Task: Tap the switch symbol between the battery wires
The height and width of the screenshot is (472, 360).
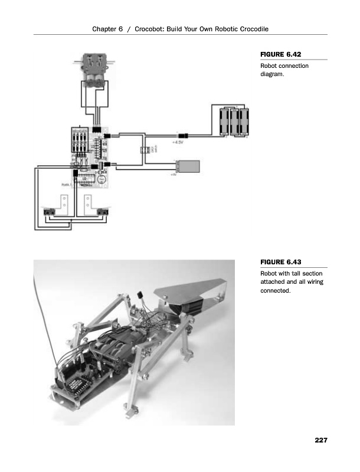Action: [144, 150]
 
